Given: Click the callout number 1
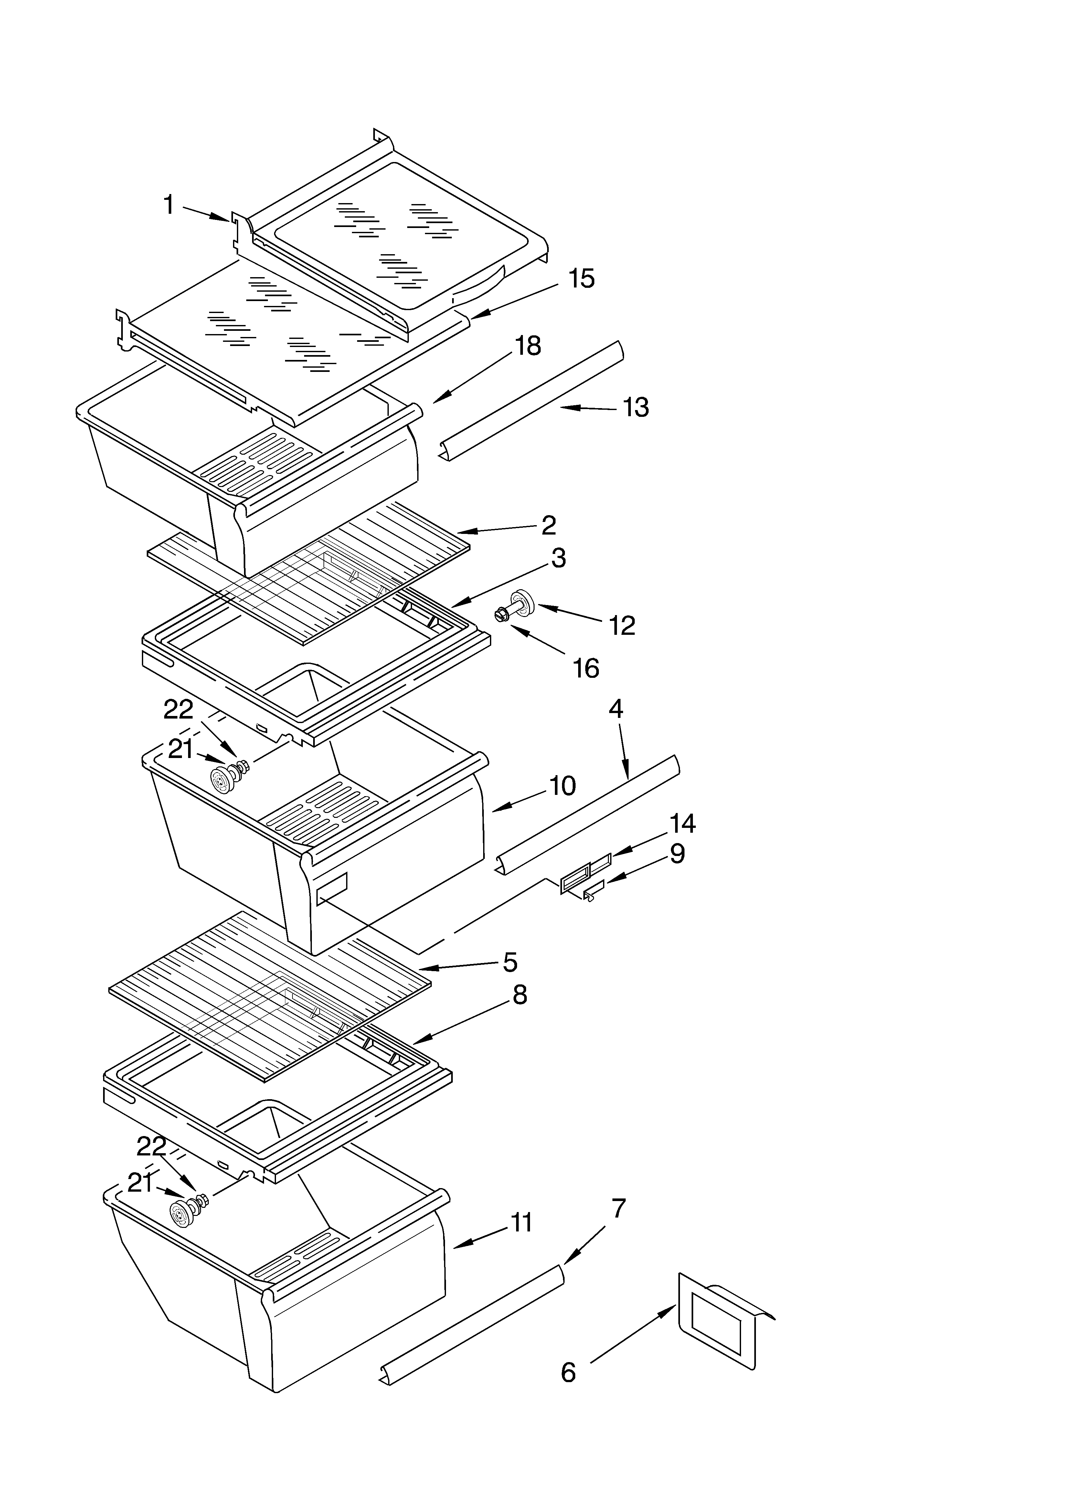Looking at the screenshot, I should (169, 205).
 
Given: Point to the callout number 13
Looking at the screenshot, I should (636, 407).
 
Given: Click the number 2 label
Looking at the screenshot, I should (548, 525).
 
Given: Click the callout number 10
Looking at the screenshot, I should (562, 786).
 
